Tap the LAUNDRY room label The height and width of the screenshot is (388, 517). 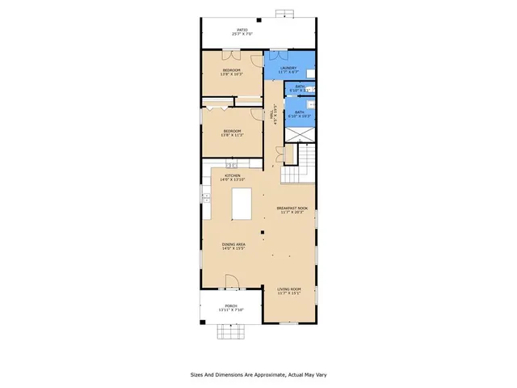click(x=288, y=68)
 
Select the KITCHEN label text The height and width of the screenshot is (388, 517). click(x=233, y=175)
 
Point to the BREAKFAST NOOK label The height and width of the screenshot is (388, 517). click(x=291, y=208)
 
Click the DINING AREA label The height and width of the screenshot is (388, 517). click(x=234, y=244)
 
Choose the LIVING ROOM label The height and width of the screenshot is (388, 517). click(x=289, y=289)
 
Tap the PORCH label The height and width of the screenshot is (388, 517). click(x=231, y=306)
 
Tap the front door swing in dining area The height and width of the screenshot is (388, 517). click(x=231, y=282)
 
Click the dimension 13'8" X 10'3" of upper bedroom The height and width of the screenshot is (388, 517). click(x=233, y=75)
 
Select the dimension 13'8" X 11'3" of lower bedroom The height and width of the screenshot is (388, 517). click(x=233, y=135)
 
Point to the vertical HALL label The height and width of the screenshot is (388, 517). click(x=275, y=115)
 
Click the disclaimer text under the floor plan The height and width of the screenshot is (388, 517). click(x=258, y=374)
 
